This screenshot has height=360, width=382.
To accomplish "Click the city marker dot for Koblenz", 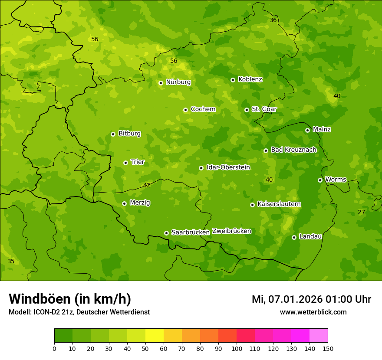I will (233, 80).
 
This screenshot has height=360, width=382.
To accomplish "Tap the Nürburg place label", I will (178, 82).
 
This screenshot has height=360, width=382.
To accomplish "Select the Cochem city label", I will (203, 109).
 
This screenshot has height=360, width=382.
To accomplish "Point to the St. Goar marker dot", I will (247, 110).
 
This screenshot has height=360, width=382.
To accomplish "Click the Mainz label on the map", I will (322, 130).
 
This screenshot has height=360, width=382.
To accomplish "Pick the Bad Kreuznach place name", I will (293, 150).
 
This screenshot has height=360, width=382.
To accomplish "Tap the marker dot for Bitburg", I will (113, 134).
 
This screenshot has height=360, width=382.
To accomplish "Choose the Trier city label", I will (138, 162).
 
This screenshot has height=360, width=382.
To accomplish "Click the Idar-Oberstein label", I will (228, 167).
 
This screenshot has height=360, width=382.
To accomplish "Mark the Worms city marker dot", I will (320, 180).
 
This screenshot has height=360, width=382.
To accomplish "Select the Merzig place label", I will (140, 203).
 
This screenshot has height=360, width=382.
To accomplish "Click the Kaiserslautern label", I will (279, 204).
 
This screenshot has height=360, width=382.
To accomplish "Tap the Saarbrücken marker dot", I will (166, 233).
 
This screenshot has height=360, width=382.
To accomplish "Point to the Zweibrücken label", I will (231, 231).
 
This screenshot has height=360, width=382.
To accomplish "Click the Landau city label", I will (310, 237).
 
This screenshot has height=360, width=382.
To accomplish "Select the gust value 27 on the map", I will (361, 212).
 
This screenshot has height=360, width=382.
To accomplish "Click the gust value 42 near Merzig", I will (147, 185).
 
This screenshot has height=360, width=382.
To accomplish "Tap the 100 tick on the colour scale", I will (237, 348).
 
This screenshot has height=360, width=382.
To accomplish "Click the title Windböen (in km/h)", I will (70, 299).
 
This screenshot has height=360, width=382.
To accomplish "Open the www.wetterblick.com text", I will (313, 312).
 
